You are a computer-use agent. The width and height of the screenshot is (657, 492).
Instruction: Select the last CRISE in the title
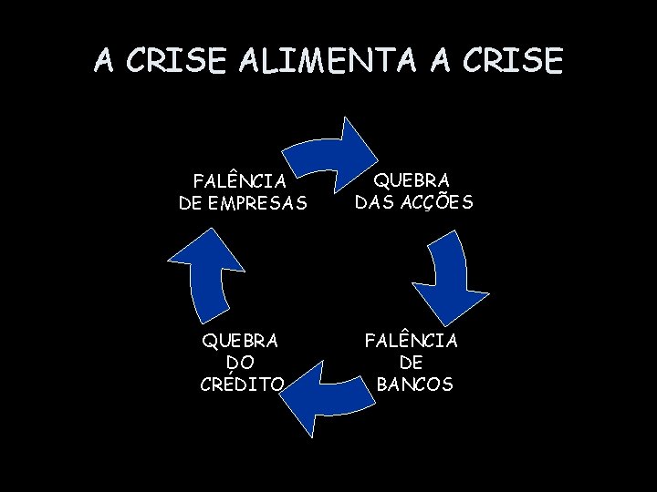[515, 61]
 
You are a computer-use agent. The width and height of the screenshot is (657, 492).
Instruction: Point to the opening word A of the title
[105, 61]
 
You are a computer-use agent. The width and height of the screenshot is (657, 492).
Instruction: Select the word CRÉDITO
[242, 384]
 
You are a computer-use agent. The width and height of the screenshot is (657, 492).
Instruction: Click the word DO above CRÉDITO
[242, 363]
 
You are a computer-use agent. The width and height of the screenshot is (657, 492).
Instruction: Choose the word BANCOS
[414, 384]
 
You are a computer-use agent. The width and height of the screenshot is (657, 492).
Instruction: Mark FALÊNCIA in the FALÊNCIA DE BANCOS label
[412, 341]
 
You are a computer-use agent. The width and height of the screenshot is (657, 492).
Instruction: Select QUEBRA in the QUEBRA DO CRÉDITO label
[240, 341]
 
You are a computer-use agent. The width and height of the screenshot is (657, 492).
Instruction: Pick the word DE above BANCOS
[412, 363]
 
